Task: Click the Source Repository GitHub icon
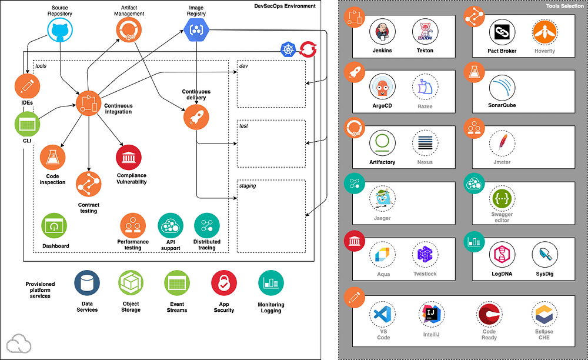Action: (60, 30)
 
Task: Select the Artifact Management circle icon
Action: (129, 29)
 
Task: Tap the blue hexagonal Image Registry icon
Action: (196, 29)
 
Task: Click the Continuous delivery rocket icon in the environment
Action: (196, 117)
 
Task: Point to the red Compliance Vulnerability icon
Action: (129, 158)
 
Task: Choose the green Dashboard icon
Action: (54, 226)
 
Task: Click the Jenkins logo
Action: (382, 32)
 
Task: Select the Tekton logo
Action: (425, 32)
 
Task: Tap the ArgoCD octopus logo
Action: (382, 87)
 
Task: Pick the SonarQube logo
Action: (502, 88)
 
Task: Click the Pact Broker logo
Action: (502, 32)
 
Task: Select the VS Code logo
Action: (383, 314)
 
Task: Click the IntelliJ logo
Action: (431, 314)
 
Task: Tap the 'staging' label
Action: (248, 186)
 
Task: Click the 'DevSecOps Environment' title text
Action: (285, 6)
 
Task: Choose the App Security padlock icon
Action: (224, 283)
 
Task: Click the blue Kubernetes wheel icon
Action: (288, 49)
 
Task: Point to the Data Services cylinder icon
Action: (87, 283)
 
